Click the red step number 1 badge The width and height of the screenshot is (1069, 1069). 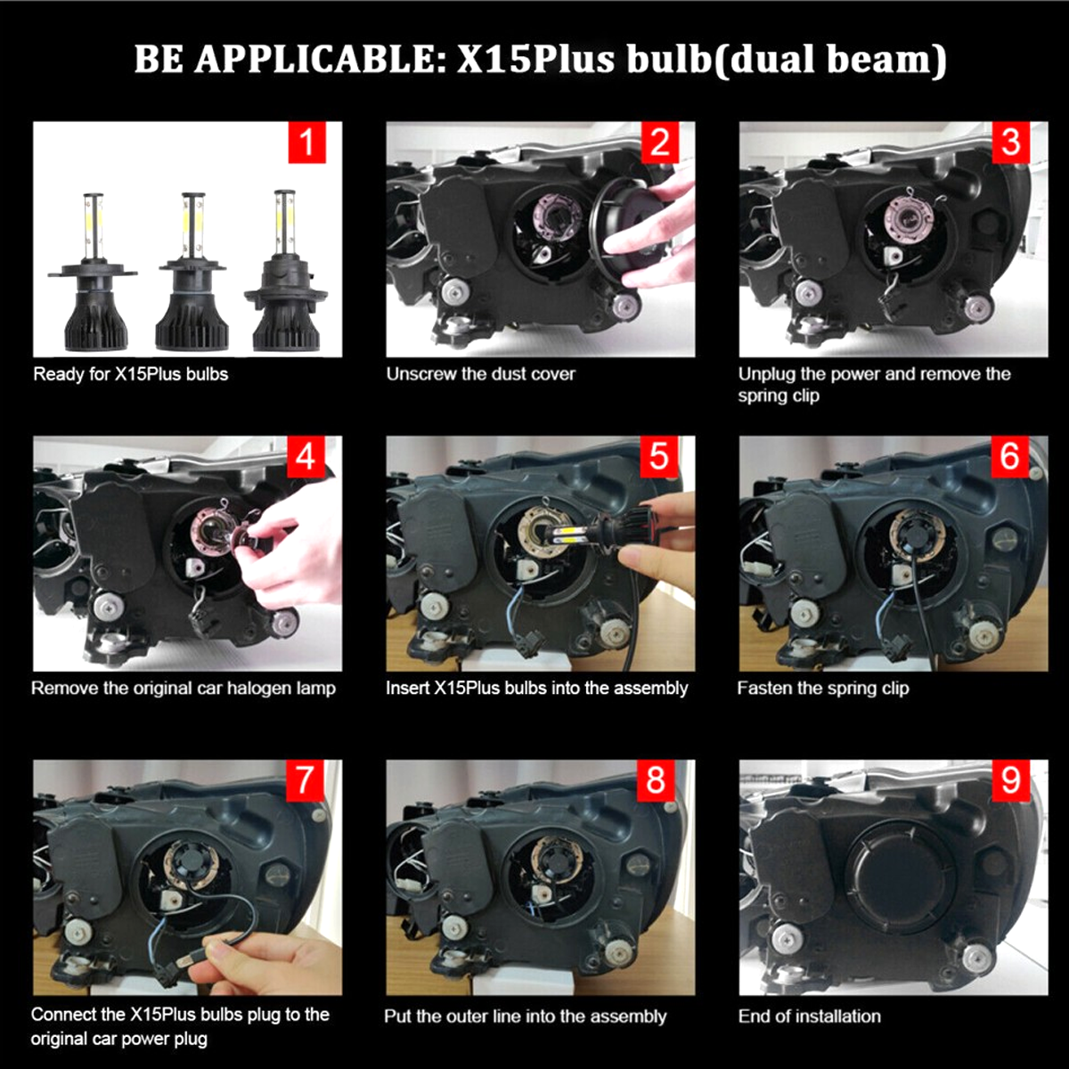pos(306,143)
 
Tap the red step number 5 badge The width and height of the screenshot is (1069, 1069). pos(659,457)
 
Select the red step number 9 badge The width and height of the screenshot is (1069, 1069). pos(1011,780)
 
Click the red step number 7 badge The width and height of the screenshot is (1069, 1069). pos(306,780)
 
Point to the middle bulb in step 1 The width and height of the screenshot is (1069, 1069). pos(192,272)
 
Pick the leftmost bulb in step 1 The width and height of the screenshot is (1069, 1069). pos(94,273)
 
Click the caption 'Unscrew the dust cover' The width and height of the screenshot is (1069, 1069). pos(480,374)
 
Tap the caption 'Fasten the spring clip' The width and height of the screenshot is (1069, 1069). pos(823,689)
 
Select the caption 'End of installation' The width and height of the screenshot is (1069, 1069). pos(810,1016)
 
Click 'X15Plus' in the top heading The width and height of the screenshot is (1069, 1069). pos(536,60)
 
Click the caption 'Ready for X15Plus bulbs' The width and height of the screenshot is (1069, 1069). pos(131,374)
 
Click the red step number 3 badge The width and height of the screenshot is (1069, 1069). pos(1011,143)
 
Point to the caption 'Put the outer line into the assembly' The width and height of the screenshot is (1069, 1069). pos(526,1016)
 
